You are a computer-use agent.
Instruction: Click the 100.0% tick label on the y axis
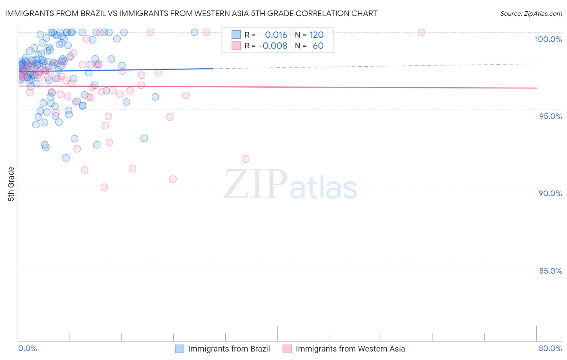point(548,39)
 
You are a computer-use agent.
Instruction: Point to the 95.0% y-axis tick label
point(550,116)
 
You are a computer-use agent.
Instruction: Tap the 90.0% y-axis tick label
point(550,193)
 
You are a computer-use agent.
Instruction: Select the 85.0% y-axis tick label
point(550,271)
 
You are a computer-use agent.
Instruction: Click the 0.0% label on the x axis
point(27,348)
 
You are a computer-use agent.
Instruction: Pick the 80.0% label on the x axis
point(550,348)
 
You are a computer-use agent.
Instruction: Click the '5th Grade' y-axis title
point(11,184)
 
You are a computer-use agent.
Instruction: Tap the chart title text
point(191,13)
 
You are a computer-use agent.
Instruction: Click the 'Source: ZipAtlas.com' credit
point(531,14)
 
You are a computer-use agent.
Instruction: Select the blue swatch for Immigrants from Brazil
point(179,349)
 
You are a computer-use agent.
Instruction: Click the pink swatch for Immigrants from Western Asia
point(287,349)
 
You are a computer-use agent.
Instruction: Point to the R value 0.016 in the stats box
point(276,35)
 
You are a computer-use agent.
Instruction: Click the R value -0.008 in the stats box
point(273,46)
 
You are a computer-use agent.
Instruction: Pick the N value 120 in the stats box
point(317,35)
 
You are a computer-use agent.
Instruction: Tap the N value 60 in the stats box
point(318,46)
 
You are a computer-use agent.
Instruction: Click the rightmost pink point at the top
point(421,32)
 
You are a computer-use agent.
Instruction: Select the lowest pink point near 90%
point(104,187)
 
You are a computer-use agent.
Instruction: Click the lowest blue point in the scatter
point(66,158)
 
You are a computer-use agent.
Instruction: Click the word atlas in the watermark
point(323,188)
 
